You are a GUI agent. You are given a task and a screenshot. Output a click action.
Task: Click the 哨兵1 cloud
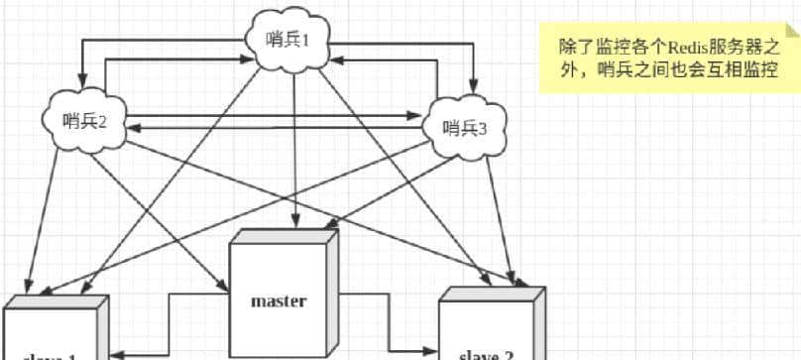pyautogui.click(x=294, y=41)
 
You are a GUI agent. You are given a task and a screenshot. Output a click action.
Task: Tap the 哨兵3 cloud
pyautogui.click(x=464, y=126)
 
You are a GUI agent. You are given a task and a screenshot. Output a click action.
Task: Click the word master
pyautogui.click(x=279, y=300)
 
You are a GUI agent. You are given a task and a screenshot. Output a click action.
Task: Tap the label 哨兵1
pyautogui.click(x=294, y=40)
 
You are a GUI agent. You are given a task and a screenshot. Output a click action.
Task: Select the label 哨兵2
pyautogui.click(x=84, y=120)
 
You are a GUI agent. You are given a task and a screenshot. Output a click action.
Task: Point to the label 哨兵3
pyautogui.click(x=464, y=127)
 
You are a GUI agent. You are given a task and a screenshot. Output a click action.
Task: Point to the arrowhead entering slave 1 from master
pyautogui.click(x=115, y=351)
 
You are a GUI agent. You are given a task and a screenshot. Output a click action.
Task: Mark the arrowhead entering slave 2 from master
pyautogui.click(x=431, y=350)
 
